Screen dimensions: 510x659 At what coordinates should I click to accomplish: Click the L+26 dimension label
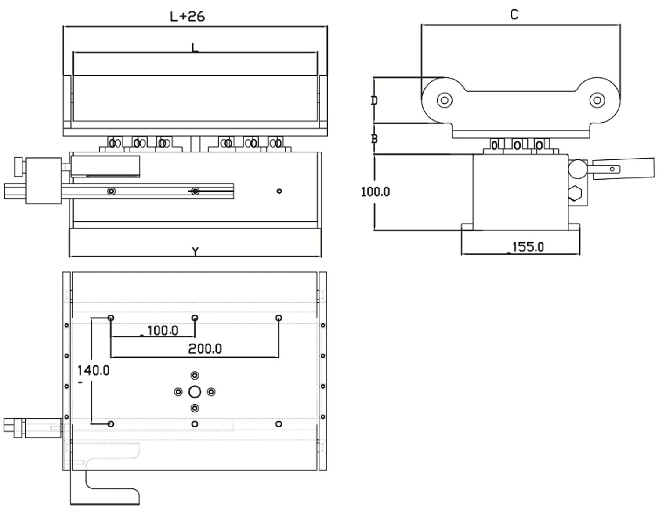187,16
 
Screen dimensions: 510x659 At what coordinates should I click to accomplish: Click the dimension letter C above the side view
514,14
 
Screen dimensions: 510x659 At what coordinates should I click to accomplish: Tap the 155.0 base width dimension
527,247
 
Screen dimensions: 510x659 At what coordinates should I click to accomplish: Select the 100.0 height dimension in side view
375,192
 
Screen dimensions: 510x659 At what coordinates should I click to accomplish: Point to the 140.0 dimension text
93,370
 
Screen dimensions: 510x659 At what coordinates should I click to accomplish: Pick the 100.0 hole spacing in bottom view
162,330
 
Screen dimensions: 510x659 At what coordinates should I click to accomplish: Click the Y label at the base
196,251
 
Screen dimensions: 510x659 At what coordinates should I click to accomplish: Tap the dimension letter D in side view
374,101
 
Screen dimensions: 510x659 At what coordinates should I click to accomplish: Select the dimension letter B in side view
374,139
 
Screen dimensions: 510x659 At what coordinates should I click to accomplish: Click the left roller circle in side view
445,100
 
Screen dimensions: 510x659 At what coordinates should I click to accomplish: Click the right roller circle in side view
597,100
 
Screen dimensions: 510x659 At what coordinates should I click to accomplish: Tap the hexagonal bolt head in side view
575,193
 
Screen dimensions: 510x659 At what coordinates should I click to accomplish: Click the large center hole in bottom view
195,392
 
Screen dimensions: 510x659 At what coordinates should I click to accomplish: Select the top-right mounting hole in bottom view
279,318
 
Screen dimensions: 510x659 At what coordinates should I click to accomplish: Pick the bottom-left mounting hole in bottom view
111,423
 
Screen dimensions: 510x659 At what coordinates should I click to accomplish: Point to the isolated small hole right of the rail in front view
279,191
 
